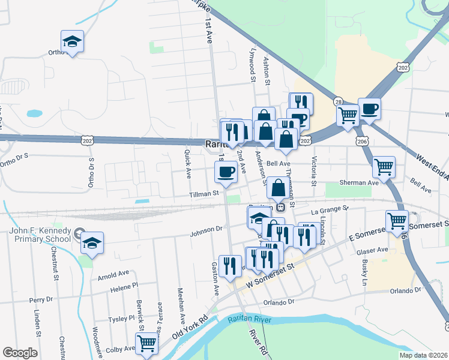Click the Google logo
tap(20, 353)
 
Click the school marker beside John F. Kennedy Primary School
tap(92, 242)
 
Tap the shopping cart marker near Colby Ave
tap(146, 343)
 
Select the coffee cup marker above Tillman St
tap(226, 172)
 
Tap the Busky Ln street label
tap(364, 272)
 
